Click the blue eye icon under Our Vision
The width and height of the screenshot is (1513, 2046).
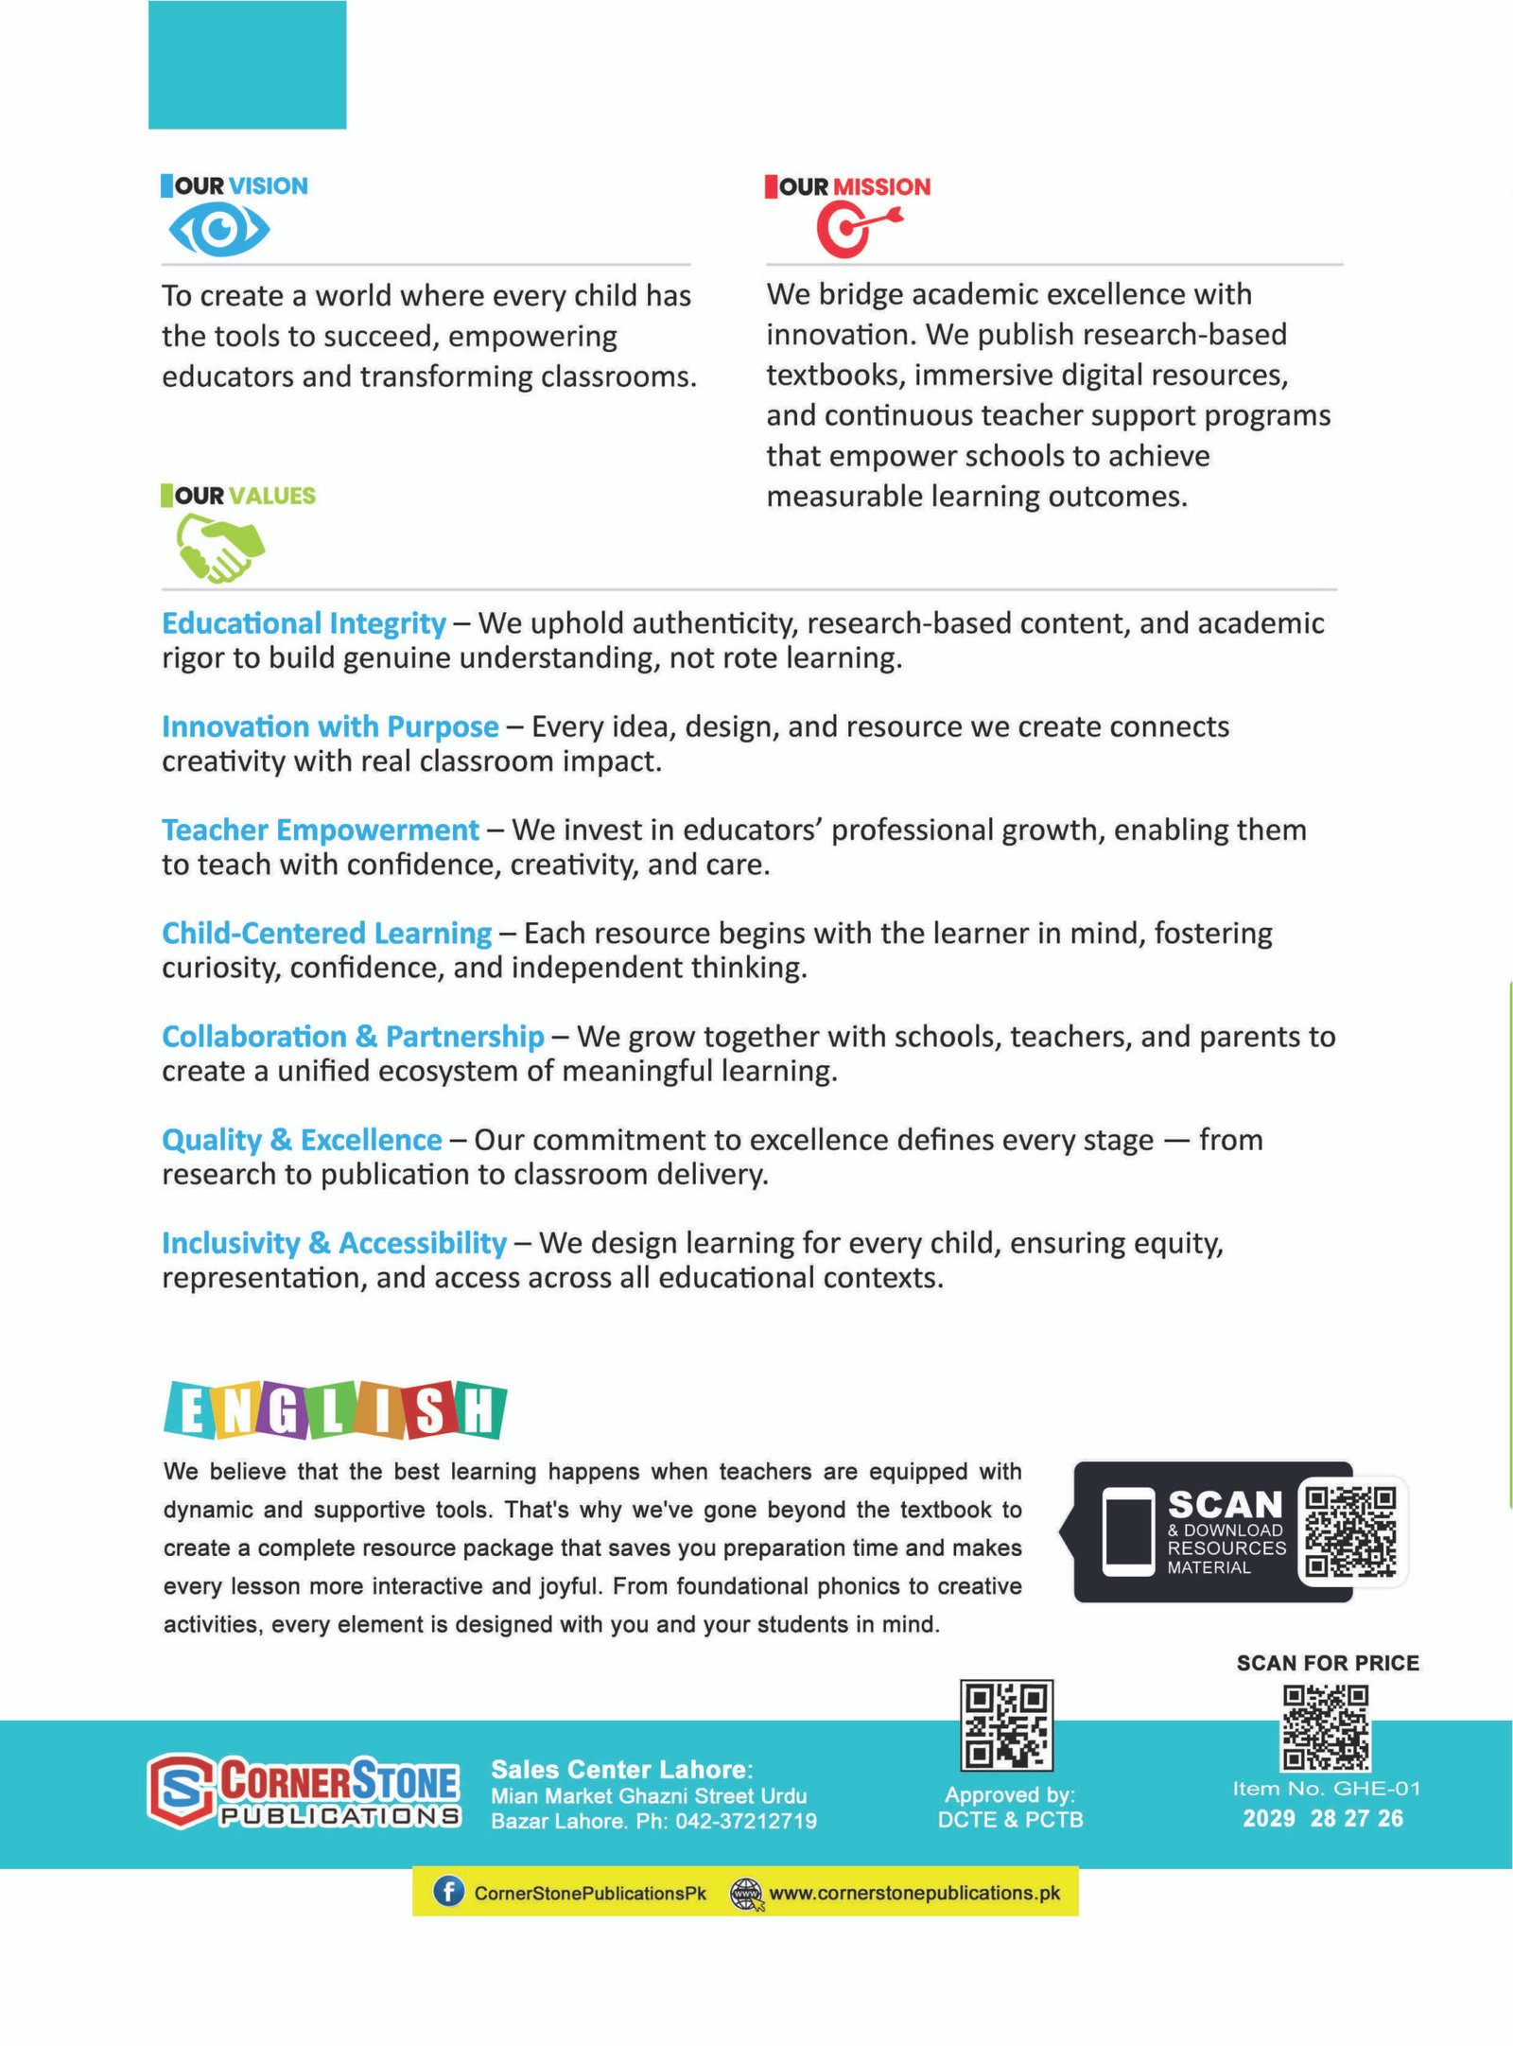pos(219,230)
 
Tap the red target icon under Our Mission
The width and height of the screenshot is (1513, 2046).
pos(856,230)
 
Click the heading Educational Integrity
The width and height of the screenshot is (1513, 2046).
pos(304,623)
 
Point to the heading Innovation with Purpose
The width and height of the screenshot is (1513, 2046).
pos(330,726)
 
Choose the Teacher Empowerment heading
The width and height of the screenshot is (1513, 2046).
pos(321,830)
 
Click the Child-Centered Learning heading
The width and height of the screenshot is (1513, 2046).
pos(326,933)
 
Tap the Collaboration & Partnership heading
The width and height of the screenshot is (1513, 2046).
pos(353,1037)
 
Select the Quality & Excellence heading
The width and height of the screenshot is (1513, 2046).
pos(302,1140)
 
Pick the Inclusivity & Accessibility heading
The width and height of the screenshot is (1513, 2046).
pos(334,1243)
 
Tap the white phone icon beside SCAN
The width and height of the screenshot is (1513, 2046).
pos(1128,1532)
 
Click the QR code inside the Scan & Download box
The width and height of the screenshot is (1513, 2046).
pos(1349,1531)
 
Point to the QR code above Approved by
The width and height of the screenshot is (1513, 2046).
pos(1006,1724)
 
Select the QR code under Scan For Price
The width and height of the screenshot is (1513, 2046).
pos(1326,1728)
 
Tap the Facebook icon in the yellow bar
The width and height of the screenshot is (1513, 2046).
pos(448,1892)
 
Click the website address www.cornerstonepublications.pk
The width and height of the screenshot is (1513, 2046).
pos(913,1893)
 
